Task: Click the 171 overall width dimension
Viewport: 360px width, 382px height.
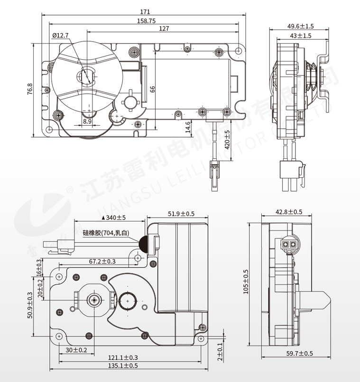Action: [146, 11]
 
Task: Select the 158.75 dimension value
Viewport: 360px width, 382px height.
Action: [147, 20]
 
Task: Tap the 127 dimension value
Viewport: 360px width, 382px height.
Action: [164, 29]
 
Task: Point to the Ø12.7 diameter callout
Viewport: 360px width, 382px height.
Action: [60, 36]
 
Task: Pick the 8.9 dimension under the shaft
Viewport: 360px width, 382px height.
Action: [87, 121]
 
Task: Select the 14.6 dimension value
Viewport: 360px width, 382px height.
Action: [188, 127]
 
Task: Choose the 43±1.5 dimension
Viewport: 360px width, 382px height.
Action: [301, 36]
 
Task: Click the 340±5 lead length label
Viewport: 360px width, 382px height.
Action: [114, 218]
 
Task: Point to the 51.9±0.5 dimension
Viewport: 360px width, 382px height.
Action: [181, 214]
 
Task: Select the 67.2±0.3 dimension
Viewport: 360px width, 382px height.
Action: [102, 261]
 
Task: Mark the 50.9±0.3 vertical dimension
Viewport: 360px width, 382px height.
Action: [30, 305]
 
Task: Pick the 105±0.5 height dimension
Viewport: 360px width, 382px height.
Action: [246, 282]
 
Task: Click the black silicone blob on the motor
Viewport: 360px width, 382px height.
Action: [143, 244]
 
